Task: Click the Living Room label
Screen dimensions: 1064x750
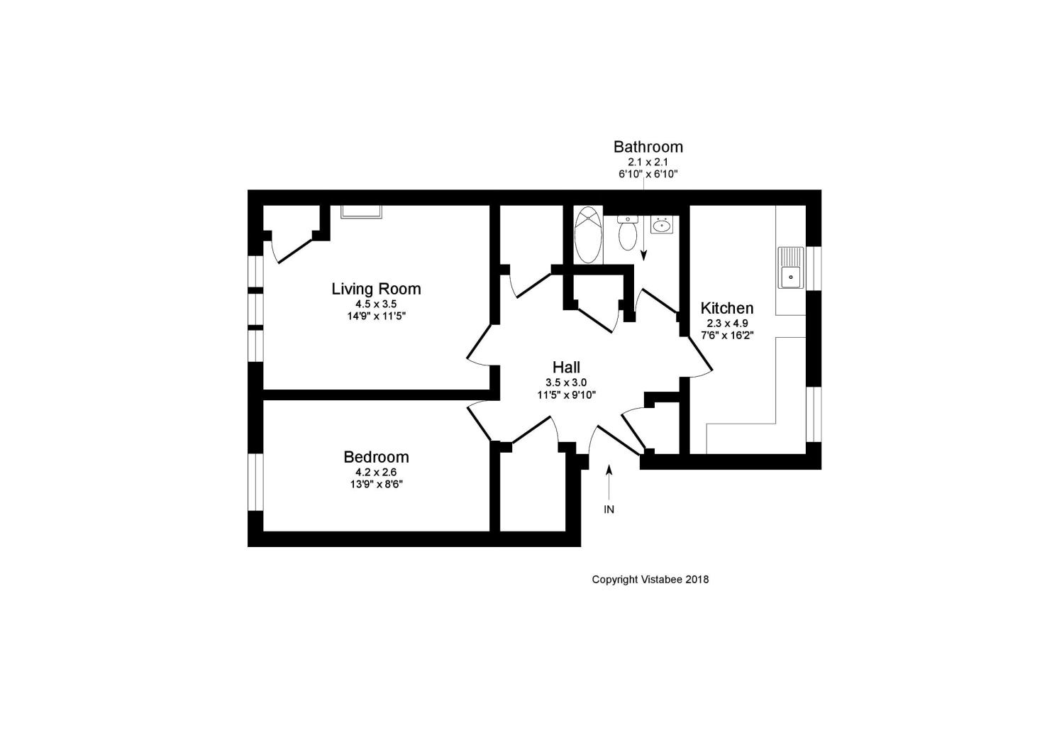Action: (376, 289)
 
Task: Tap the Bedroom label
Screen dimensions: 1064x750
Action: (376, 457)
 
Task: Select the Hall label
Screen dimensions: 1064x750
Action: (566, 367)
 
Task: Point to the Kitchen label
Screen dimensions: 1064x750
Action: (727, 308)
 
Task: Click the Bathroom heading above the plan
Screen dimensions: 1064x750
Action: (648, 147)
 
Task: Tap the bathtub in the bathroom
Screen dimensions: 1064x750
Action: (588, 235)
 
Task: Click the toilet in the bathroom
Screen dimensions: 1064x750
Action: (628, 233)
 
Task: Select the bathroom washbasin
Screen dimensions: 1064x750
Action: (662, 224)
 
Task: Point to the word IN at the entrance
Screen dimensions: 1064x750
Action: (609, 509)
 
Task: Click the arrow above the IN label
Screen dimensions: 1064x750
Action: (609, 482)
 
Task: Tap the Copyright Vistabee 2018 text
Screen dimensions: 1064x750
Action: (650, 580)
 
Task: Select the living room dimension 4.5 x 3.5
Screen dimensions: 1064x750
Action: (376, 304)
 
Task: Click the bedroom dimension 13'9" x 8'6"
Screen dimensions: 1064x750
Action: (376, 485)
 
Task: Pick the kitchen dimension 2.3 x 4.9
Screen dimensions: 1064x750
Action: (727, 323)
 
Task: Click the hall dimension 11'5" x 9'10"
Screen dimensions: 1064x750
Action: (566, 395)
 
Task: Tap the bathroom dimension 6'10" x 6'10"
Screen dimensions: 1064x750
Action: (648, 174)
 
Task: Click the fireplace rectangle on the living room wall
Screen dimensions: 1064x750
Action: (362, 211)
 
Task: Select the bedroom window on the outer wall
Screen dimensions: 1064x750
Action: (255, 482)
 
